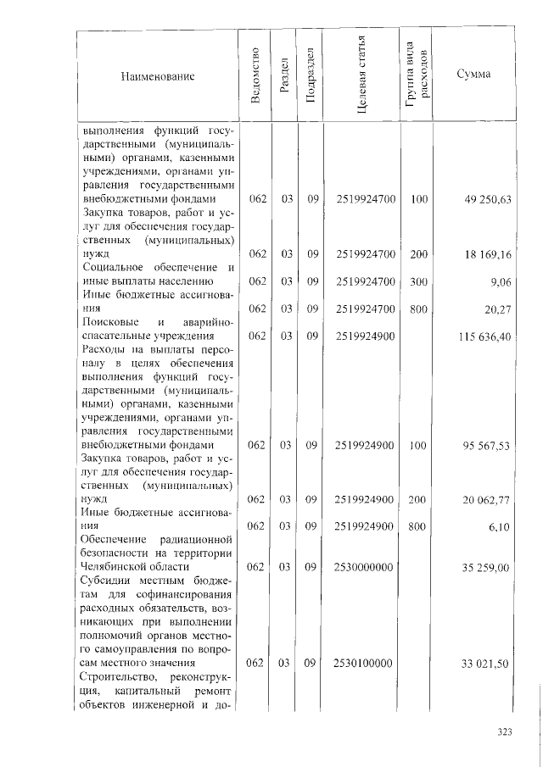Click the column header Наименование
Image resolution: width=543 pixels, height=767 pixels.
coord(159,77)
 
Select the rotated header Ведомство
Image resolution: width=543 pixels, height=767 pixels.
coord(256,77)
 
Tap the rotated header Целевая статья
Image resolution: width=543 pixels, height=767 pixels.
coord(361,75)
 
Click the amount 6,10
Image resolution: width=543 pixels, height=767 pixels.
coord(499,526)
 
